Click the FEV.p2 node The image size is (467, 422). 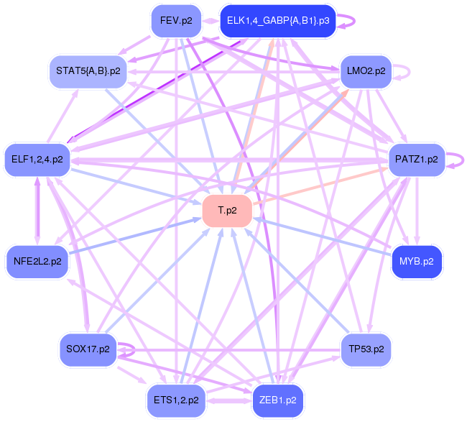coord(176,21)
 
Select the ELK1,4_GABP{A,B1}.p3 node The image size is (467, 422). coord(277,21)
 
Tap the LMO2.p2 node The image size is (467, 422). coord(366,71)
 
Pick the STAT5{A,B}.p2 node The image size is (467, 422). coord(88,70)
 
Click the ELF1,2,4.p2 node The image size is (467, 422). coord(37,160)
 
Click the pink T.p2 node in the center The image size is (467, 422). coord(228,211)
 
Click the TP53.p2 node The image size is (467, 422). coord(366,349)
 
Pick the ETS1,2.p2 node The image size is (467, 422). coord(176,400)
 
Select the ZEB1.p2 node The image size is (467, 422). coord(277,400)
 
